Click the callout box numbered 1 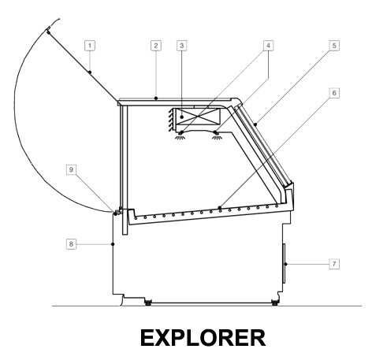(90, 46)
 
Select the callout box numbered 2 (156, 46)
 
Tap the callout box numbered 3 (181, 46)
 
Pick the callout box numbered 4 (268, 46)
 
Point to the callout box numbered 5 (334, 46)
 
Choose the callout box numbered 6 (334, 93)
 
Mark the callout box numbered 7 (334, 264)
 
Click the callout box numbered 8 (71, 244)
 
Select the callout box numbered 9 (71, 169)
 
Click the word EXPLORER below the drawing (203, 338)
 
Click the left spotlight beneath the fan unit (180, 135)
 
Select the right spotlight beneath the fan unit (217, 135)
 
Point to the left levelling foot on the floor (148, 302)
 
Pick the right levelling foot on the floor (275, 302)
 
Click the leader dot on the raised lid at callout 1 (90, 72)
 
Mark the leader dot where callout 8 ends (113, 244)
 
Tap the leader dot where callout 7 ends (286, 264)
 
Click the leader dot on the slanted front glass (255, 124)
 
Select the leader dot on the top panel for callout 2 (156, 98)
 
